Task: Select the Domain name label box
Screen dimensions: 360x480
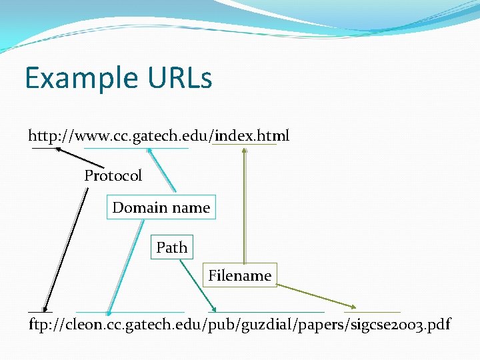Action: (161, 207)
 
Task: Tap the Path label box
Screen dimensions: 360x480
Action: (171, 247)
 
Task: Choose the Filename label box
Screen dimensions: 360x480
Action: (239, 275)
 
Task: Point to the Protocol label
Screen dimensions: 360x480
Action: (113, 176)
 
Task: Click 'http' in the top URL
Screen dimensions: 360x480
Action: (41, 137)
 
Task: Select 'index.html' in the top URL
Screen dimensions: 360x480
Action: (252, 137)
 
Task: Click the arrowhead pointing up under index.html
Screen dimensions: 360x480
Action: (245, 150)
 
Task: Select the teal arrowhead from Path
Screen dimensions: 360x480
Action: (213, 309)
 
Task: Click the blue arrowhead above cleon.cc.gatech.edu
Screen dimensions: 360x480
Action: (109, 310)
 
